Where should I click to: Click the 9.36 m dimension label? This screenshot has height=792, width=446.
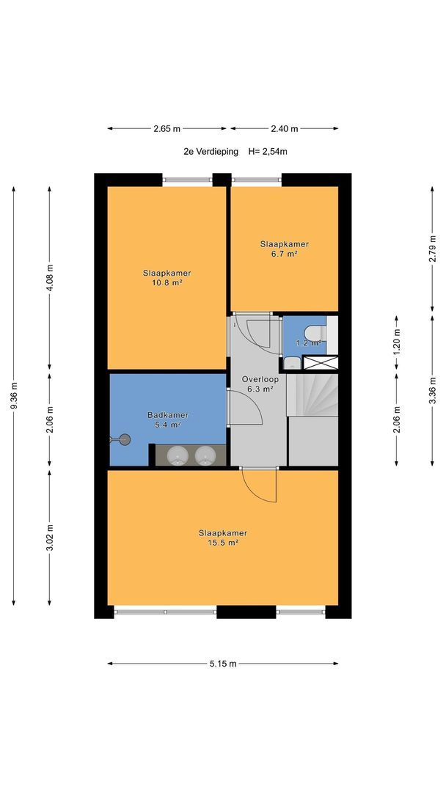tap(14, 396)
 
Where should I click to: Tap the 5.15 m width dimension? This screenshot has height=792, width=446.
tap(223, 664)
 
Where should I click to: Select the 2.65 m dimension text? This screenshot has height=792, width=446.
tap(167, 128)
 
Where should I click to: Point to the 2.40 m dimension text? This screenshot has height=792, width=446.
tap(285, 128)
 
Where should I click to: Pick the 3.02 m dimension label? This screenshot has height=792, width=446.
tap(49, 538)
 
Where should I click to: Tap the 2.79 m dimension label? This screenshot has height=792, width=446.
tap(432, 249)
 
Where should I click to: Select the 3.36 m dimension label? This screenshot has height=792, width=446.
tap(432, 390)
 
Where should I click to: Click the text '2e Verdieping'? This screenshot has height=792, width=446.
tap(211, 151)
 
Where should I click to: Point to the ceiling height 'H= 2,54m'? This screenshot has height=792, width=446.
tap(268, 151)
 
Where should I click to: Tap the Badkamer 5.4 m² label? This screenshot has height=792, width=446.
tap(168, 419)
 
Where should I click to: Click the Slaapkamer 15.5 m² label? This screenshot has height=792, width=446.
tap(223, 538)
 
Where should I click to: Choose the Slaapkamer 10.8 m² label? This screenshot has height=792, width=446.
tap(167, 278)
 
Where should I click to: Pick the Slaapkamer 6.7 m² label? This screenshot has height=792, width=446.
tap(285, 249)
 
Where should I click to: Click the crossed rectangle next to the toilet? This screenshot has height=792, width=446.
tap(320, 362)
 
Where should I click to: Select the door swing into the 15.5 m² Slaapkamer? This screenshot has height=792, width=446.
tap(259, 485)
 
